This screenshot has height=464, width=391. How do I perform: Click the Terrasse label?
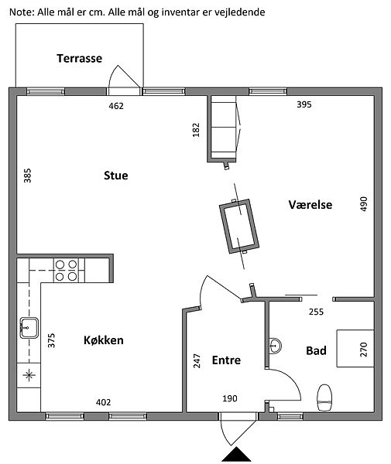80,58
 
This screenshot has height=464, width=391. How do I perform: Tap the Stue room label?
116,176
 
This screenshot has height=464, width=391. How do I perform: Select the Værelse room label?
310,205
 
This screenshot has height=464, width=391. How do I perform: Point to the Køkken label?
104,340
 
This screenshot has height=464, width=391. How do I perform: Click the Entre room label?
226,360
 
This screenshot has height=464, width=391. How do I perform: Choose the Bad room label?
317,350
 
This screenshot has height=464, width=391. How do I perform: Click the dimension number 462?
116,106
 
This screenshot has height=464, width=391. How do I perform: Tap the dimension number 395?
304,104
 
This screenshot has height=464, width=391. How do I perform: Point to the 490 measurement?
364,204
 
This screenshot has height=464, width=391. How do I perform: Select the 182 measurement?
196,130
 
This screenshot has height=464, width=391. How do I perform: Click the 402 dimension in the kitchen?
104,402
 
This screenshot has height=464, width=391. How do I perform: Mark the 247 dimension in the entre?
197,361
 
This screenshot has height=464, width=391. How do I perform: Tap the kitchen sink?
29,328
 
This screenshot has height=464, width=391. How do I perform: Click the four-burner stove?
66,270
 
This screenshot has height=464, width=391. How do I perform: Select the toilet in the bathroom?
324,397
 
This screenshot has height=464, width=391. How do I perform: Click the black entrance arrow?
236,454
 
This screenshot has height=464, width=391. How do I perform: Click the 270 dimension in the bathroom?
364,350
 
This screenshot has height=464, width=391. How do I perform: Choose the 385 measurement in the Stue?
27,176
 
